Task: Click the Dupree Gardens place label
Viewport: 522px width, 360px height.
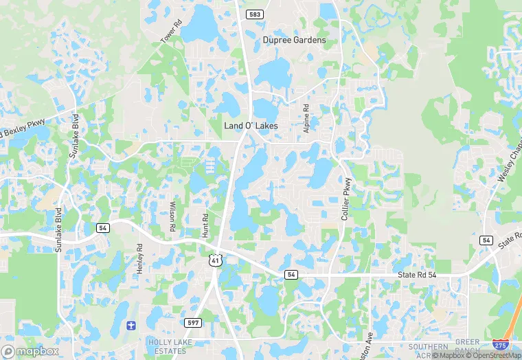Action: click(x=294, y=41)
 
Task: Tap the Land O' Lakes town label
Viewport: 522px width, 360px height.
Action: click(x=251, y=126)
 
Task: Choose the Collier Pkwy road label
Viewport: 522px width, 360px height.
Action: click(x=348, y=199)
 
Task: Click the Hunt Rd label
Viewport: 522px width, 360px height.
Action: click(x=205, y=225)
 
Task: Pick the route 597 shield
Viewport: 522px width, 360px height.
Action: click(x=193, y=322)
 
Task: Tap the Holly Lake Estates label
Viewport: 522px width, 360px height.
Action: click(x=166, y=346)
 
